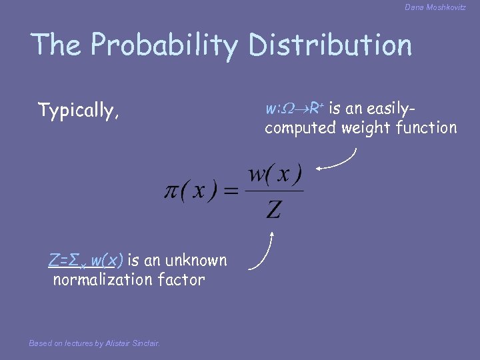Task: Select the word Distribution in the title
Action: tap(330, 45)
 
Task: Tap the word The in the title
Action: tap(57, 45)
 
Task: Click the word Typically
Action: tap(79, 111)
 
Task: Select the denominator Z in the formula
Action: tap(273, 211)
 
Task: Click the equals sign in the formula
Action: tap(231, 193)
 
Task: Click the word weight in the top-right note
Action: tap(365, 127)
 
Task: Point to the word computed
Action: tap(300, 127)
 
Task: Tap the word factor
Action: tap(181, 279)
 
